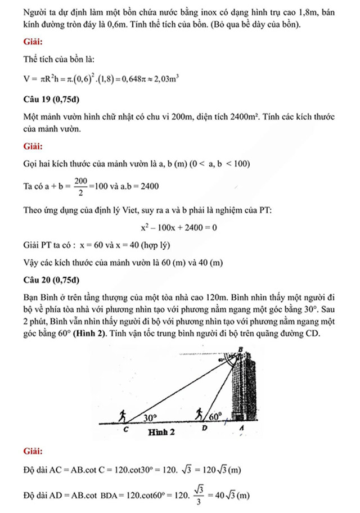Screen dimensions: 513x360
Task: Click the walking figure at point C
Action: tap(123, 415)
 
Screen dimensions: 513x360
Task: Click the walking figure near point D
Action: tap(199, 415)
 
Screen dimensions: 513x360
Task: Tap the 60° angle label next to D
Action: tap(215, 418)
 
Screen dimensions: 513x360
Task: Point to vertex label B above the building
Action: tap(241, 350)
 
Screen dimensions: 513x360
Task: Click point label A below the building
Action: tap(241, 429)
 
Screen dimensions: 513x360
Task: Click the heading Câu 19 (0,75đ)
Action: tap(52, 101)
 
